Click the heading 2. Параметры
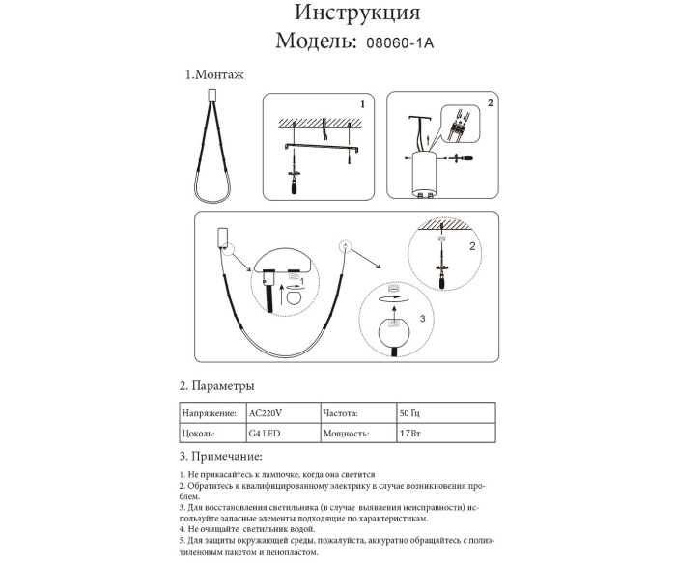(217, 385)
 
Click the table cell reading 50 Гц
(410, 412)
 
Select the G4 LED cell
(267, 435)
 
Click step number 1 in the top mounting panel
(361, 102)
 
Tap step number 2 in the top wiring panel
(490, 102)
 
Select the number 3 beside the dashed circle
(421, 317)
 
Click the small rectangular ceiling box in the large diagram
(225, 237)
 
